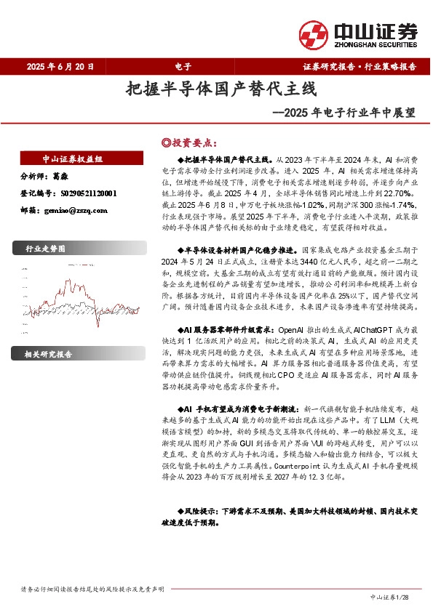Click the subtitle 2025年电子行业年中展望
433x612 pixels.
[343, 113]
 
